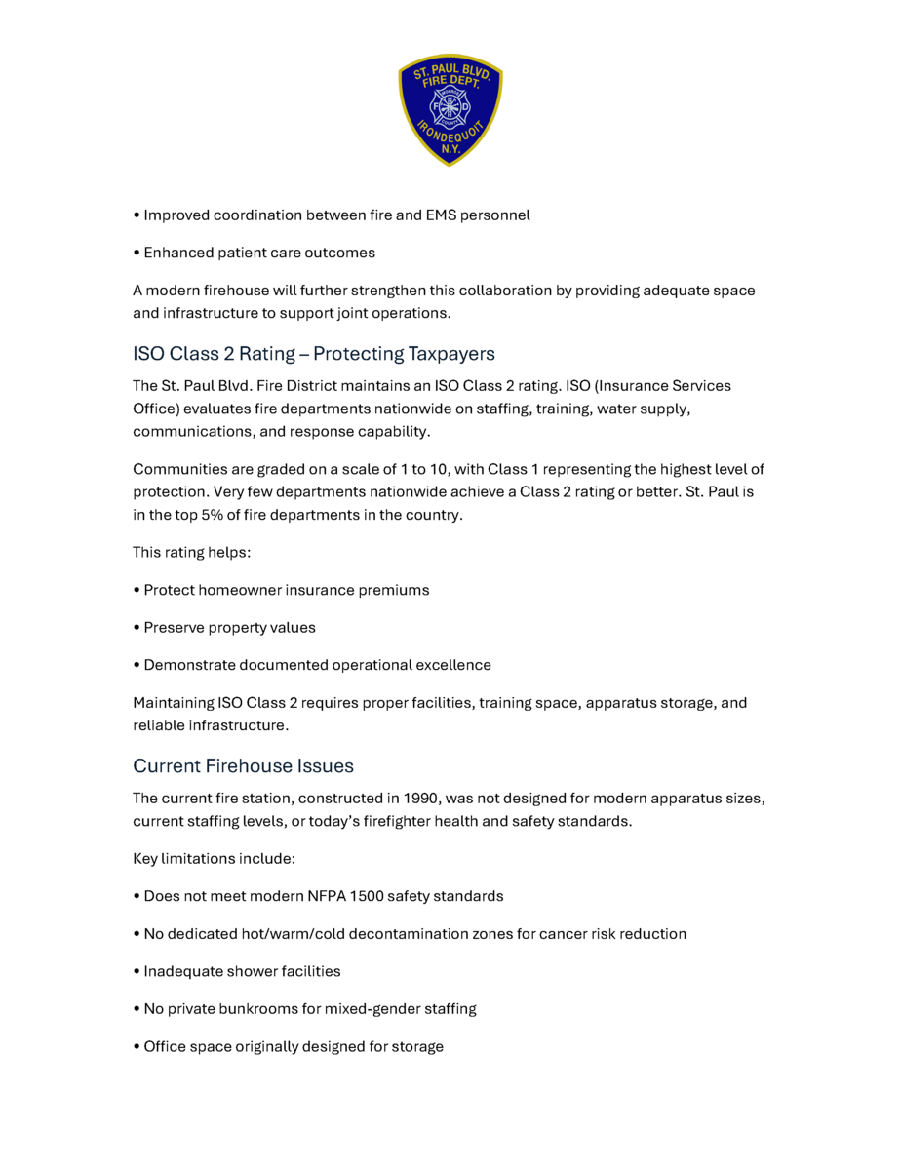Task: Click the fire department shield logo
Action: click(x=450, y=109)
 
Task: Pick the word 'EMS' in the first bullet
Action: click(x=445, y=214)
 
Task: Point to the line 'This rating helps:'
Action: click(x=192, y=552)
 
